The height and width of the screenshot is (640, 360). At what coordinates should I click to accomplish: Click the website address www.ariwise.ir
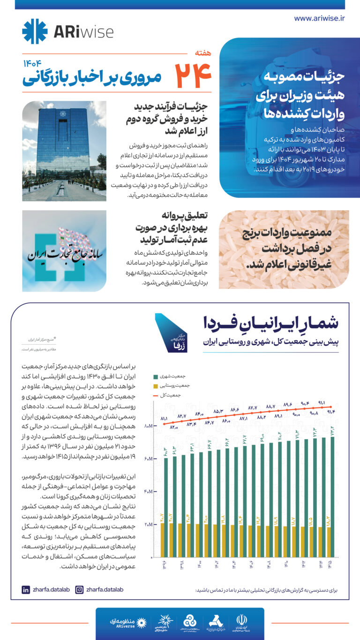click(319, 18)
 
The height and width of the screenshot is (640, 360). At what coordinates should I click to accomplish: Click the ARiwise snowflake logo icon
click(35, 31)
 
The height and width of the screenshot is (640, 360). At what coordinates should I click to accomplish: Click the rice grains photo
click(284, 249)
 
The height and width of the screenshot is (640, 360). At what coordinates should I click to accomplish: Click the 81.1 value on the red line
click(164, 418)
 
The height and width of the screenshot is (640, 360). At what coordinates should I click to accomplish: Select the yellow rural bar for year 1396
click(163, 540)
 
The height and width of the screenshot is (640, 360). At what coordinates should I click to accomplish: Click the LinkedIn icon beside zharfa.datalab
click(26, 589)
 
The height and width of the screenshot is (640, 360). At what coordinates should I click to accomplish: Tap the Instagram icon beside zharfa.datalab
click(80, 589)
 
